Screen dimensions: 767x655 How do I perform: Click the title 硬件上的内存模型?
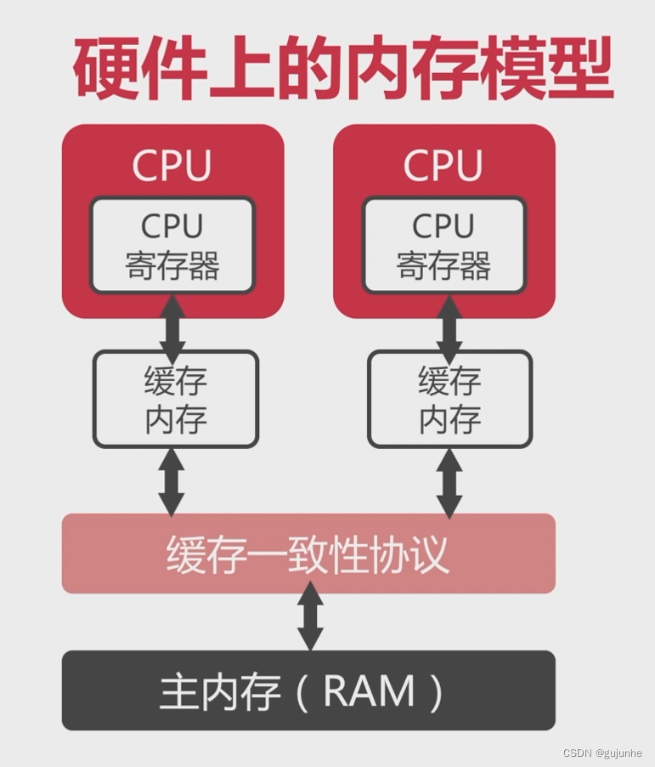coord(342,67)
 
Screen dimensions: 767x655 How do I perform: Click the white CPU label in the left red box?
coord(172,166)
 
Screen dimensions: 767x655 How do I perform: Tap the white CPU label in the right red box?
coord(443,166)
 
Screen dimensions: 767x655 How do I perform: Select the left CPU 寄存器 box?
coord(172,246)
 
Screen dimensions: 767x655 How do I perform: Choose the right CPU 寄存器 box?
coord(443,246)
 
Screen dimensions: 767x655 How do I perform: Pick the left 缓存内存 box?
coord(175,399)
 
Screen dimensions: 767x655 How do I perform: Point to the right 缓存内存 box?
coord(449,399)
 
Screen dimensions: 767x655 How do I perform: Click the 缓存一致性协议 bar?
coord(308,554)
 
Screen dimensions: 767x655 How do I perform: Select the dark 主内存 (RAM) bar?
coord(308,690)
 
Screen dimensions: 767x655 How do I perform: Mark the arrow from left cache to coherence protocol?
coord(172,481)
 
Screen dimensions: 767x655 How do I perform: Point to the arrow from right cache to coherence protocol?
coord(449,481)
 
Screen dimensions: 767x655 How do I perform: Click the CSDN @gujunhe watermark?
coord(601,753)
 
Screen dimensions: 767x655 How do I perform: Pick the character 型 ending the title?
coord(577,68)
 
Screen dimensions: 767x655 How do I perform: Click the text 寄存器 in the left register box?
coord(172,265)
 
